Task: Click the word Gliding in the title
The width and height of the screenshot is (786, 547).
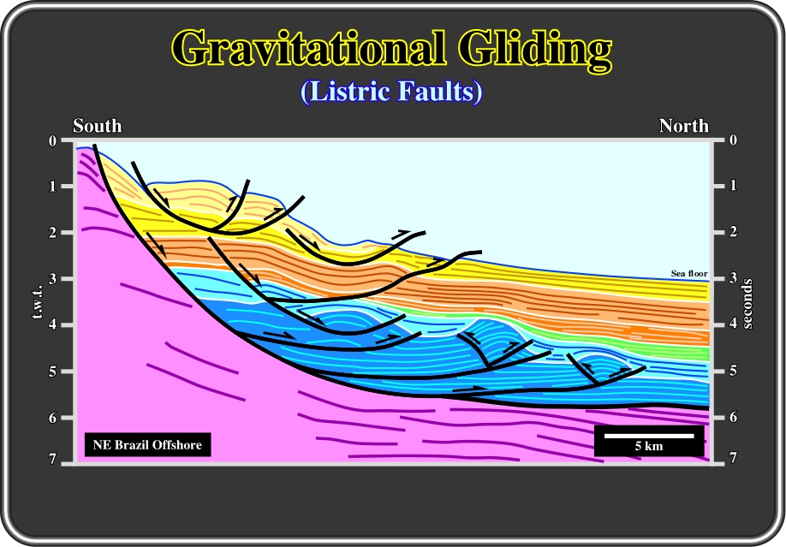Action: tap(535, 51)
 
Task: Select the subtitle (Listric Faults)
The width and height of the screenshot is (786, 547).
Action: tap(391, 92)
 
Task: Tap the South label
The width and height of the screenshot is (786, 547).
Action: tap(98, 125)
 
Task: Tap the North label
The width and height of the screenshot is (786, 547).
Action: tap(684, 125)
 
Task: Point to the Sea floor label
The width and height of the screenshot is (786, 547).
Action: tap(689, 273)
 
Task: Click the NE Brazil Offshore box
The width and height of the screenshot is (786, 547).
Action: tap(147, 445)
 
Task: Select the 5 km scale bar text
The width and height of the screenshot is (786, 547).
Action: tap(649, 446)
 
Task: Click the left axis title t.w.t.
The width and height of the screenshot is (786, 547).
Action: tap(38, 301)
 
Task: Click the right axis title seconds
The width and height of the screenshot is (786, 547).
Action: tap(747, 304)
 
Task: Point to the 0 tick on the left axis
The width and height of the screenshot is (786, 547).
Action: tap(52, 141)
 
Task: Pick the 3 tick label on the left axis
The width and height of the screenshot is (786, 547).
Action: tap(52, 279)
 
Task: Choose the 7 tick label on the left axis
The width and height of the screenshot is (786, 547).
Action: tap(52, 459)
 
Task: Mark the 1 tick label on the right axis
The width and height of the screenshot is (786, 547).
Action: tap(733, 186)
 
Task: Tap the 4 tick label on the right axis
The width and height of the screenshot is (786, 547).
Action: tap(733, 324)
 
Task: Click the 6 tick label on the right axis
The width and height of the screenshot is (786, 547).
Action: tap(733, 417)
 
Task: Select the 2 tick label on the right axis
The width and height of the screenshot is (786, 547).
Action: tap(733, 232)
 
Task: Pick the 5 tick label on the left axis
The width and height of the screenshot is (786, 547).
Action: tap(52, 372)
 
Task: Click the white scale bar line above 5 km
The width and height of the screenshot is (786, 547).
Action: tap(649, 436)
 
